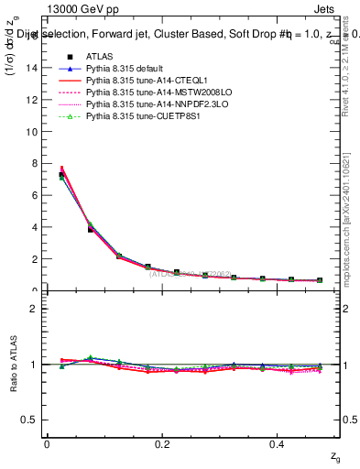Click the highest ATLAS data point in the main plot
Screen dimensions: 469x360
[x=61, y=174]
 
